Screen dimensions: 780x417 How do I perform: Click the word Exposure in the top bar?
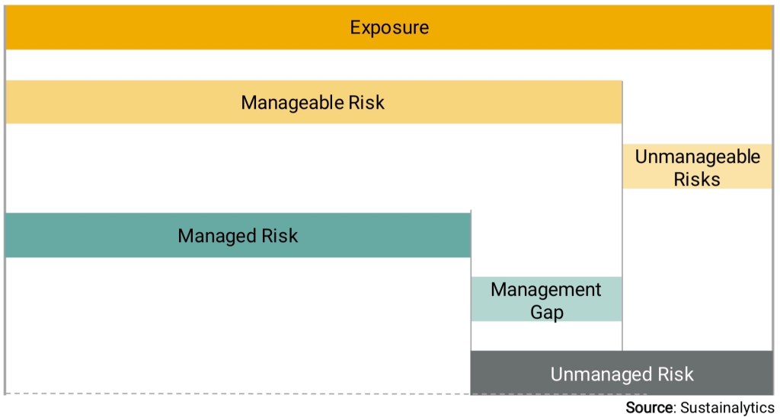click(x=389, y=27)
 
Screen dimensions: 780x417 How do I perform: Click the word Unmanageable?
click(x=698, y=157)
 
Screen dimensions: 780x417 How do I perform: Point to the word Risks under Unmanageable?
click(x=697, y=179)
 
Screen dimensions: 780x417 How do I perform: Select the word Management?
click(x=545, y=290)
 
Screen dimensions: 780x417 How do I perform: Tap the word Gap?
click(x=547, y=313)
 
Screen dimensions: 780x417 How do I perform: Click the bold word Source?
click(x=649, y=408)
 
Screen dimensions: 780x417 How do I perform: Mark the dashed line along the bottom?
click(x=238, y=394)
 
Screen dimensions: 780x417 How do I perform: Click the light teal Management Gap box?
click(x=546, y=299)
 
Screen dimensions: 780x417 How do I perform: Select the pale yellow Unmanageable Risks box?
click(x=697, y=167)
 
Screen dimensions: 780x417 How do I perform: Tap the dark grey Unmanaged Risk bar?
click(x=621, y=373)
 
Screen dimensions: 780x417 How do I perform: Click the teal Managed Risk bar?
click(x=238, y=235)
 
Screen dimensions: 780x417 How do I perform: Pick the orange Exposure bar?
click(x=388, y=27)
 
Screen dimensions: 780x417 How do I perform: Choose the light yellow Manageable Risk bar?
click(x=314, y=102)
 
